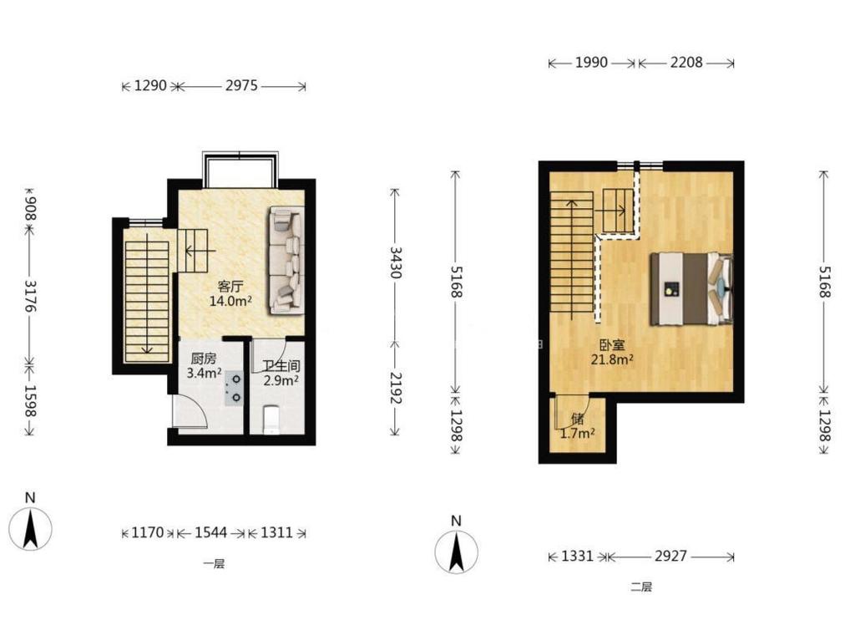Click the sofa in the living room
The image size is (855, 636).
pos(286,261)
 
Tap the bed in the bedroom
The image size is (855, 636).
pos(691,289)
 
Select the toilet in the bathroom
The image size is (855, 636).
pos(271,420)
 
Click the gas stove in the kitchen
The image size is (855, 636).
pos(235,388)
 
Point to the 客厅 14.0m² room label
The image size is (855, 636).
pos(230,293)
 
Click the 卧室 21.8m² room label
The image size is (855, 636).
pos(612,352)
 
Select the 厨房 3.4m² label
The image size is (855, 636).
pos(204,366)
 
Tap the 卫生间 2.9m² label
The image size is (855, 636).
pos(281,373)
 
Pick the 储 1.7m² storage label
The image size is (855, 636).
pos(578,426)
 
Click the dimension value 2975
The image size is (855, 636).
pos(241,86)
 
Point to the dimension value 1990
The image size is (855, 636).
pos(591,63)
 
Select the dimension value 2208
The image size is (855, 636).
pos(686,63)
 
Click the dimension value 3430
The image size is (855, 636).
pos(395,262)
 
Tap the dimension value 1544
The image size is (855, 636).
pos(211,532)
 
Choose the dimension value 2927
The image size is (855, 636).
pos(670,557)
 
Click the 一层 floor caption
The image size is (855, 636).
pos(214,564)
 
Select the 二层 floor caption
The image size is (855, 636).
pos(641,588)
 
